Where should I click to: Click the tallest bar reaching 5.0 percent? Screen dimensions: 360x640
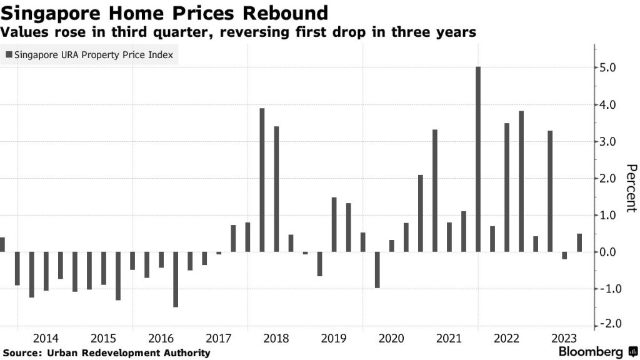tap(478, 159)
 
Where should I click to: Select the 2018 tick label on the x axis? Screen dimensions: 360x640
tap(276, 339)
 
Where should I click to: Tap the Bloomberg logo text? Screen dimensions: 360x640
tap(590, 352)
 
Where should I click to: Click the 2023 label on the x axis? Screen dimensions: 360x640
tap(564, 339)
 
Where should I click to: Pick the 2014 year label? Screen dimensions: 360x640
tap(46, 339)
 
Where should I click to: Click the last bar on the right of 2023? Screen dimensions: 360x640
tap(579, 243)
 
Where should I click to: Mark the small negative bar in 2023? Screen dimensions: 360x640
tap(564, 256)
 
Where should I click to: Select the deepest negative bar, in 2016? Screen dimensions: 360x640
tap(176, 279)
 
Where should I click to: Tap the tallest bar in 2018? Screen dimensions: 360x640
tap(262, 180)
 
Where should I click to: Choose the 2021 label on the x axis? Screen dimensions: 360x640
tap(449, 339)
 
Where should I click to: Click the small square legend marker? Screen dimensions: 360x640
tap(9, 55)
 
